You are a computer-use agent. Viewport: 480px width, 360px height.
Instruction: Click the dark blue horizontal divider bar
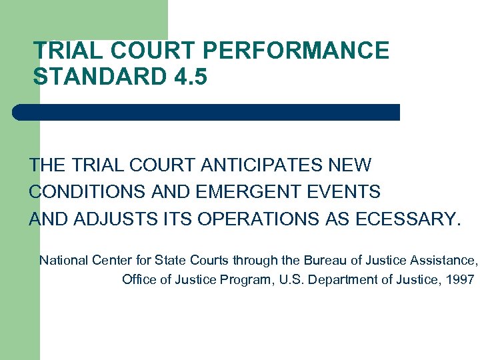[x=207, y=112]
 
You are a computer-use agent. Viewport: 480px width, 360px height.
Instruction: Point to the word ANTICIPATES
[x=258, y=165]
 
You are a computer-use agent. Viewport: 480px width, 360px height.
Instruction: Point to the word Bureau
[x=326, y=260]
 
